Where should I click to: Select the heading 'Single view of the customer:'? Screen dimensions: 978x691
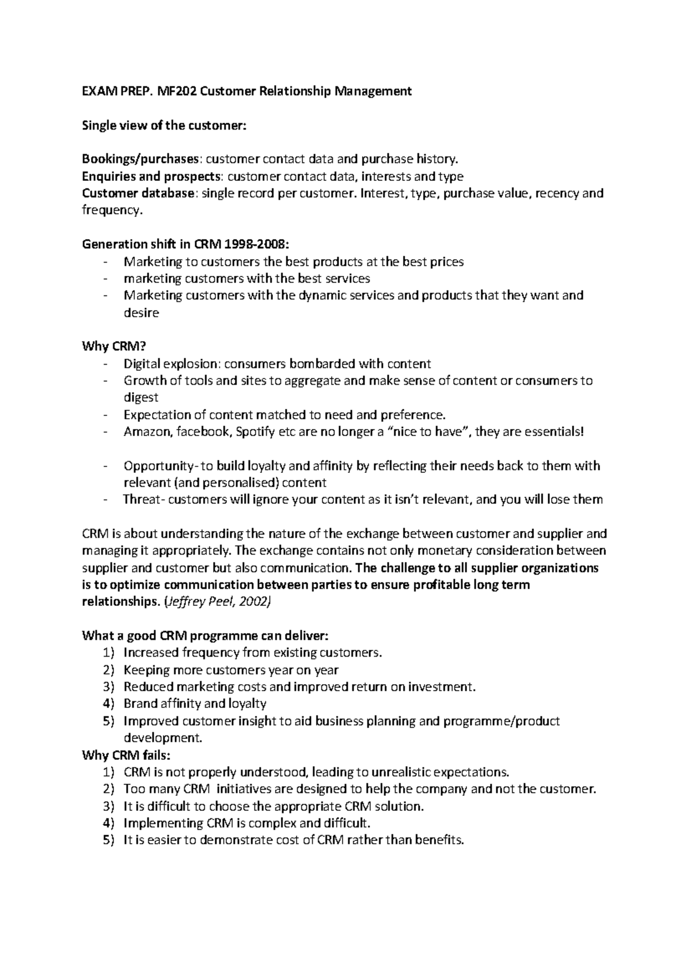(164, 125)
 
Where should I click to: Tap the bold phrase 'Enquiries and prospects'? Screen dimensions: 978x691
(151, 176)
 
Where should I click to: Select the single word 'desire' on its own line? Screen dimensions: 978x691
(141, 313)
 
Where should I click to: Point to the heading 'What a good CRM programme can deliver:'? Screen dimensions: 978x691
(205, 636)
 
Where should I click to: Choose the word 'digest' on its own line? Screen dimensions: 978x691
(141, 397)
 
